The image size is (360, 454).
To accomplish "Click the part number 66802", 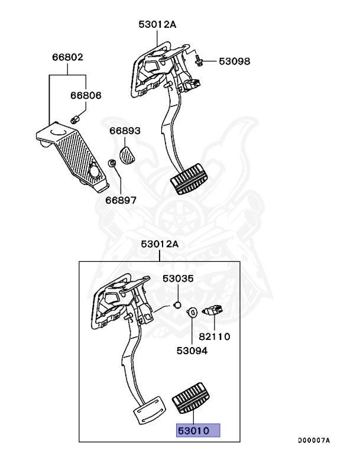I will [67, 58].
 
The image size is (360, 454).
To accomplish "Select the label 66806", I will [86, 95].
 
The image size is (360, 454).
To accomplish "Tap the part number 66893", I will [125, 131].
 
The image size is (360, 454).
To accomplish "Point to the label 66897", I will [121, 200].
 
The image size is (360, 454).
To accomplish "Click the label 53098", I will [235, 61].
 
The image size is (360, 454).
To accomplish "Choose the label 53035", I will [179, 278].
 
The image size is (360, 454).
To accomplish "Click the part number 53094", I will [192, 350].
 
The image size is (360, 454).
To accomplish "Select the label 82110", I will [215, 337].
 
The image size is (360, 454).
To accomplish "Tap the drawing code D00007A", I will [313, 440].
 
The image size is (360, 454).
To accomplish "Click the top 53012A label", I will [158, 24].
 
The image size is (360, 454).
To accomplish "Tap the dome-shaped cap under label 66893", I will [128, 155].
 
